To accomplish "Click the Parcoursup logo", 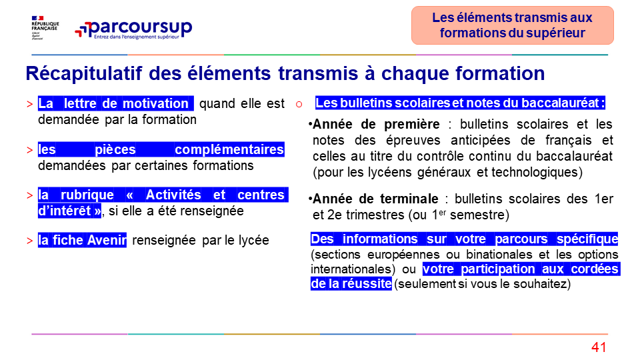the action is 133,29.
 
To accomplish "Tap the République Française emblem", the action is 45,28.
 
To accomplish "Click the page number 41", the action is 599,347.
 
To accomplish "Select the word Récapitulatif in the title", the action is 84,74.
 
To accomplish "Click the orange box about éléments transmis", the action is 512,25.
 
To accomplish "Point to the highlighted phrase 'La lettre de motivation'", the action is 115,103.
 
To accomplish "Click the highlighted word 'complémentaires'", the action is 229,149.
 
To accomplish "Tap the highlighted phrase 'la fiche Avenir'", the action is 82,240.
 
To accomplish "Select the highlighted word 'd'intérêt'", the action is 69,211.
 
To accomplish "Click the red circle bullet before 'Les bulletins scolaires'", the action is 299,105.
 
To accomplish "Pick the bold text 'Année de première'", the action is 376,124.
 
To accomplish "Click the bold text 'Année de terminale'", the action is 375,199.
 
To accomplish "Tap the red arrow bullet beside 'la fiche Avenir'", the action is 30,241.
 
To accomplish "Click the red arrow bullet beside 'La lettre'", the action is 30,104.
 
